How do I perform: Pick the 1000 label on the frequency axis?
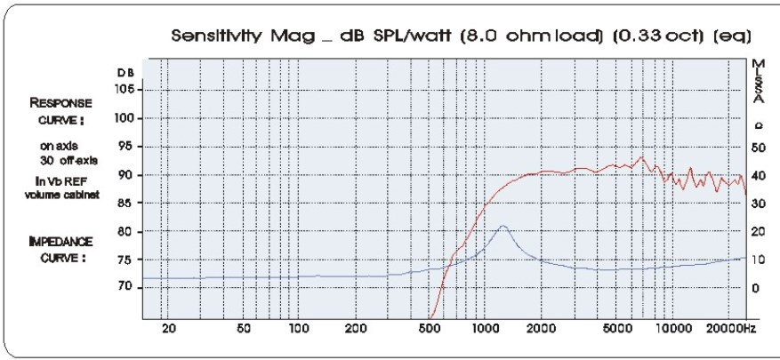click(x=484, y=329)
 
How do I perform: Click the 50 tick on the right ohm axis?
click(x=758, y=147)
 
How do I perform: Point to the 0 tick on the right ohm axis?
click(x=755, y=288)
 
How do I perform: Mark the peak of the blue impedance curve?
click(x=503, y=226)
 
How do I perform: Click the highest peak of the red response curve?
click(x=641, y=157)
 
